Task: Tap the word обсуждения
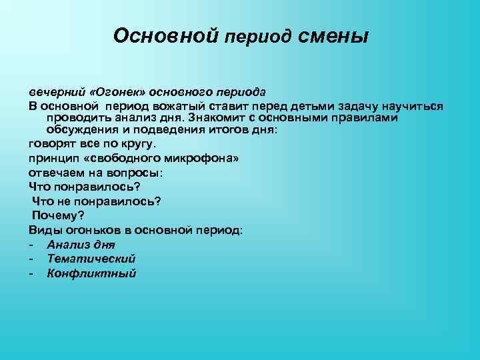77,129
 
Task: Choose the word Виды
44,230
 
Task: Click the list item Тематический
91,259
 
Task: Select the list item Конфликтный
91,273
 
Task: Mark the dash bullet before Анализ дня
31,244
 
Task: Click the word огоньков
100,230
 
